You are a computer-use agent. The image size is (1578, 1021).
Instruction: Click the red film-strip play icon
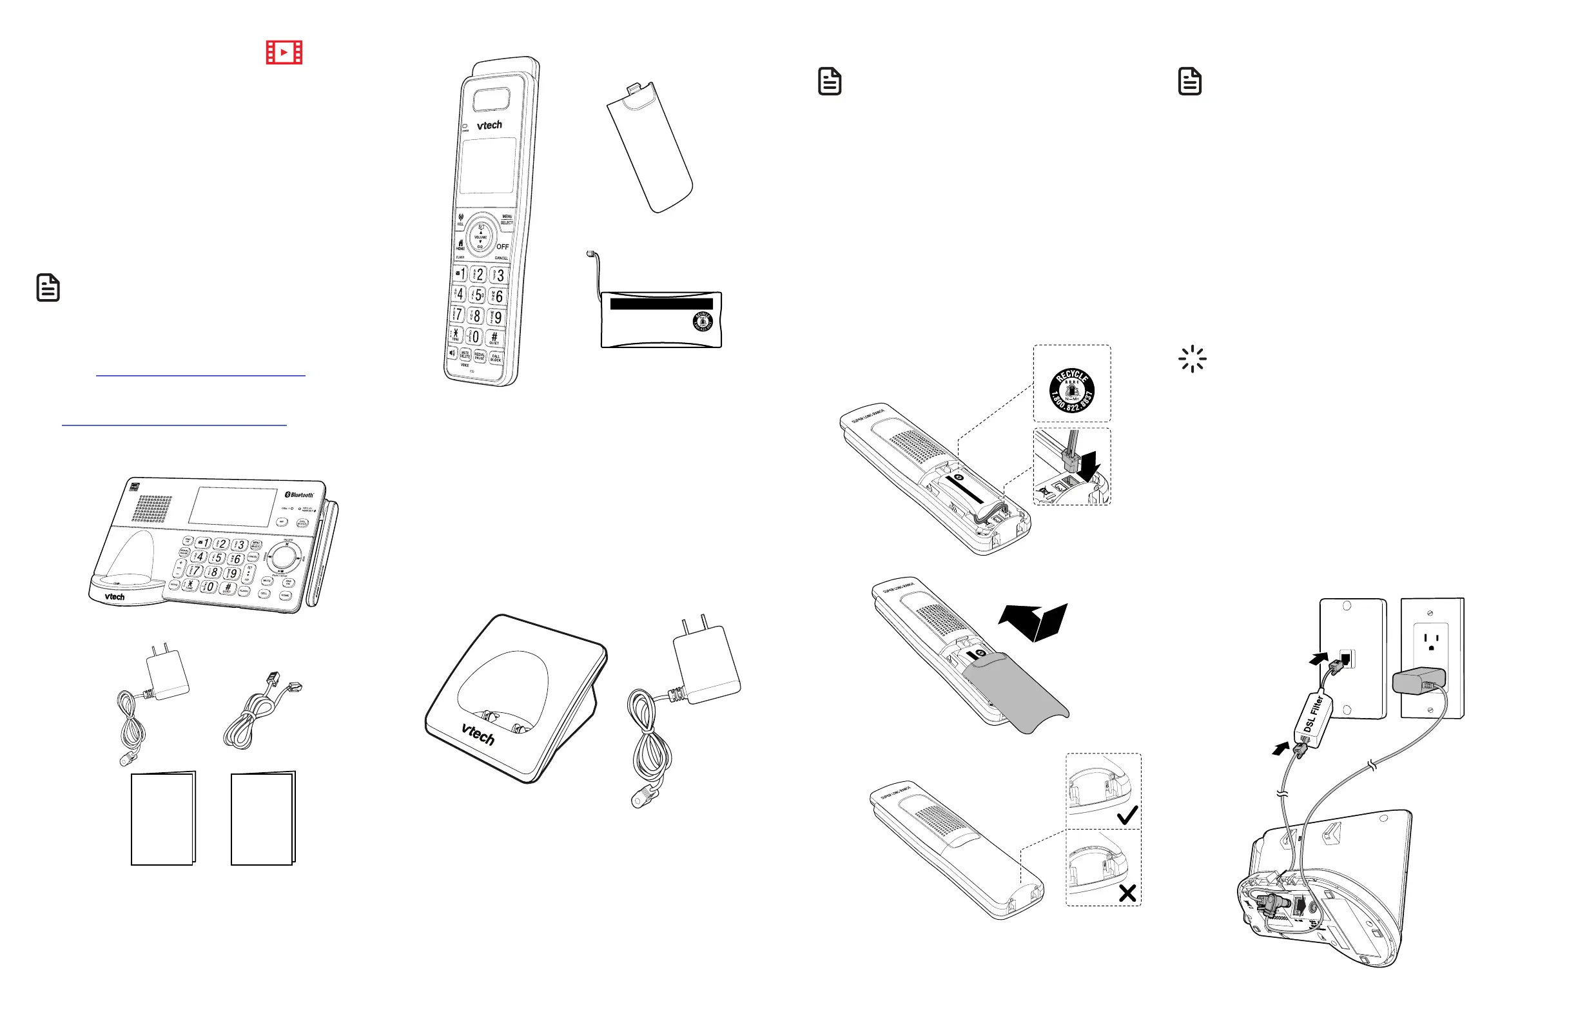(284, 52)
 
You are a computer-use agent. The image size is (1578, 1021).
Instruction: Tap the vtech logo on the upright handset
(489, 124)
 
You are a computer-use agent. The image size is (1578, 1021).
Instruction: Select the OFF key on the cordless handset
(503, 247)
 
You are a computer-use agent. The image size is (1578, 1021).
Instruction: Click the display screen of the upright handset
(489, 165)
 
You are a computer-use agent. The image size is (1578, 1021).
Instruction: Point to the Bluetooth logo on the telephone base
(299, 494)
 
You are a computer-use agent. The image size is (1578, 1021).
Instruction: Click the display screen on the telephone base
(232, 507)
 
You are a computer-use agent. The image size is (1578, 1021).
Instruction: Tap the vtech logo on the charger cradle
(478, 734)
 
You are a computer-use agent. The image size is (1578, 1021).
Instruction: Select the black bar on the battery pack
(661, 304)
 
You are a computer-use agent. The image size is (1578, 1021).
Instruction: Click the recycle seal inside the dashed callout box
(1071, 390)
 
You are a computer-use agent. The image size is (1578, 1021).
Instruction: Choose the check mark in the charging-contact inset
(1127, 815)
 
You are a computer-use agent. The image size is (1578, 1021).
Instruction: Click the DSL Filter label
(1313, 715)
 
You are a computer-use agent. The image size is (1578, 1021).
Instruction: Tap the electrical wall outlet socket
(1431, 641)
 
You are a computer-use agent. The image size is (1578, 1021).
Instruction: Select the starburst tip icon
(1192, 358)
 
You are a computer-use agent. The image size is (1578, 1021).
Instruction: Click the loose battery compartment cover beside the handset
(649, 147)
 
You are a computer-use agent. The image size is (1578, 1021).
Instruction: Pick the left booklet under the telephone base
(162, 819)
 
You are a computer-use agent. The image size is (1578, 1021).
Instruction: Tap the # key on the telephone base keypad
(227, 587)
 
